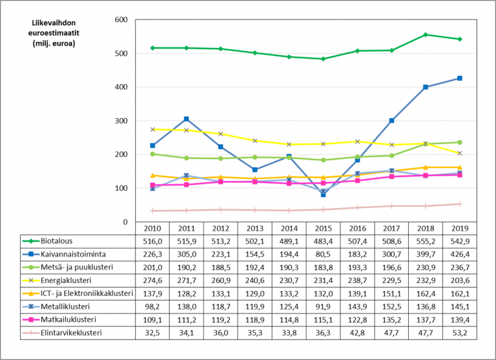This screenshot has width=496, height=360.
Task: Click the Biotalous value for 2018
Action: pos(426,240)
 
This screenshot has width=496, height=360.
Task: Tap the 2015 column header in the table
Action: pos(323,228)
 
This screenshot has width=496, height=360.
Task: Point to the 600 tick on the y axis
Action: pos(121,20)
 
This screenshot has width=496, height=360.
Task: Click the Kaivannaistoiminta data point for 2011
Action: pos(186,119)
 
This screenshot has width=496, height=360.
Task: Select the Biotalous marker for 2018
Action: pos(426,35)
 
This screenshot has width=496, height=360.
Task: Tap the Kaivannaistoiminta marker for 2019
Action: pos(460,78)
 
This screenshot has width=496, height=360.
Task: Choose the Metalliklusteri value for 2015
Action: pos(323,307)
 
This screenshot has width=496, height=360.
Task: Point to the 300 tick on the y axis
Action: pos(121,121)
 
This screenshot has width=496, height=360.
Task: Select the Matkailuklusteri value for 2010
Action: pos(152,320)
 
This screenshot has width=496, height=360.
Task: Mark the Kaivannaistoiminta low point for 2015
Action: pos(323,194)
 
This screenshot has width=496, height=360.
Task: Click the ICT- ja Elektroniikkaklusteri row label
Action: pos(87,293)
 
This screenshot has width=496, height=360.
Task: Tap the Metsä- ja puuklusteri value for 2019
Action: pos(460,267)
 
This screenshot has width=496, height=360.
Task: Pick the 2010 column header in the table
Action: pos(152,228)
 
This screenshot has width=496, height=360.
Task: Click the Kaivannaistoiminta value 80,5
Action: pos(323,254)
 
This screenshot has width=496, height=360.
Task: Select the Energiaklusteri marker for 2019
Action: pos(460,153)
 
